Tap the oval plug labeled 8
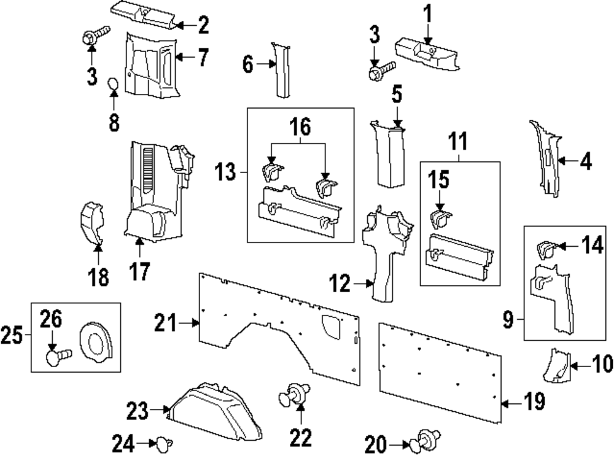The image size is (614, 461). tap(114, 84)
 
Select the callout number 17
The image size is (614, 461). tap(141, 271)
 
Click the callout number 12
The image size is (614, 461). tap(342, 284)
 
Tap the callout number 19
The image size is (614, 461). tap(534, 402)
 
